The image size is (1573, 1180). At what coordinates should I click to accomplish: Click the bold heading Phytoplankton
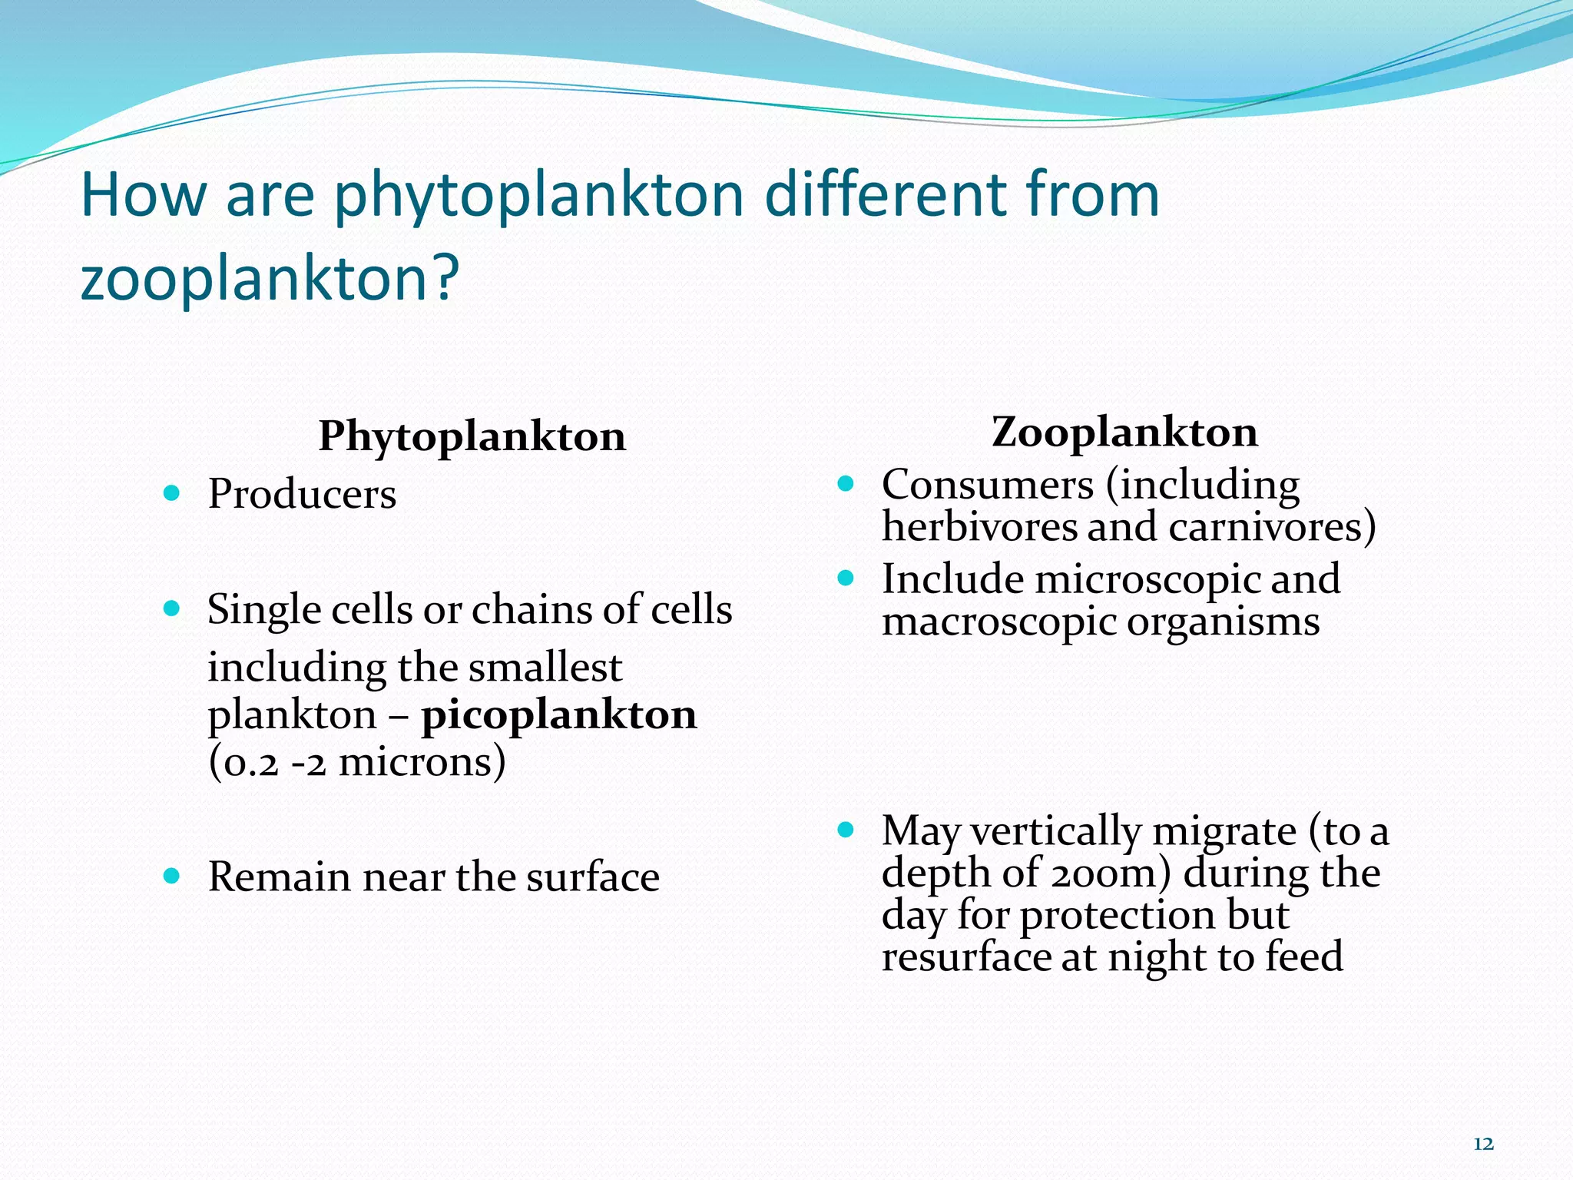pyautogui.click(x=472, y=437)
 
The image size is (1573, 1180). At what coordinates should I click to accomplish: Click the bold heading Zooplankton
pyautogui.click(x=1124, y=432)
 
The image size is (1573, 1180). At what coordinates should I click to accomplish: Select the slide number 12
pyautogui.click(x=1483, y=1144)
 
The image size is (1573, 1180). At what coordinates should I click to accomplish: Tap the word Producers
pyautogui.click(x=302, y=494)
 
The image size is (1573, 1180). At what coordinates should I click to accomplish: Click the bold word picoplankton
pyautogui.click(x=559, y=714)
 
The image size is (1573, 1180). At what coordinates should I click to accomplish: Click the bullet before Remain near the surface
pyautogui.click(x=172, y=875)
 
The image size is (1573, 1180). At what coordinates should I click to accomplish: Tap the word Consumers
pyautogui.click(x=987, y=485)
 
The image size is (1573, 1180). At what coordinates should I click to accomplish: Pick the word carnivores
pyautogui.click(x=1271, y=527)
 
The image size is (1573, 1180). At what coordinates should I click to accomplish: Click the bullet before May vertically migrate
pyautogui.click(x=846, y=830)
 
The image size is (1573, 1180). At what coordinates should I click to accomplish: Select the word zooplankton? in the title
pyautogui.click(x=270, y=277)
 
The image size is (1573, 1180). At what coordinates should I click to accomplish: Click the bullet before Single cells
pyautogui.click(x=172, y=609)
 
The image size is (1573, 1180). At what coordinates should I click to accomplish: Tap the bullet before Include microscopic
pyautogui.click(x=846, y=578)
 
